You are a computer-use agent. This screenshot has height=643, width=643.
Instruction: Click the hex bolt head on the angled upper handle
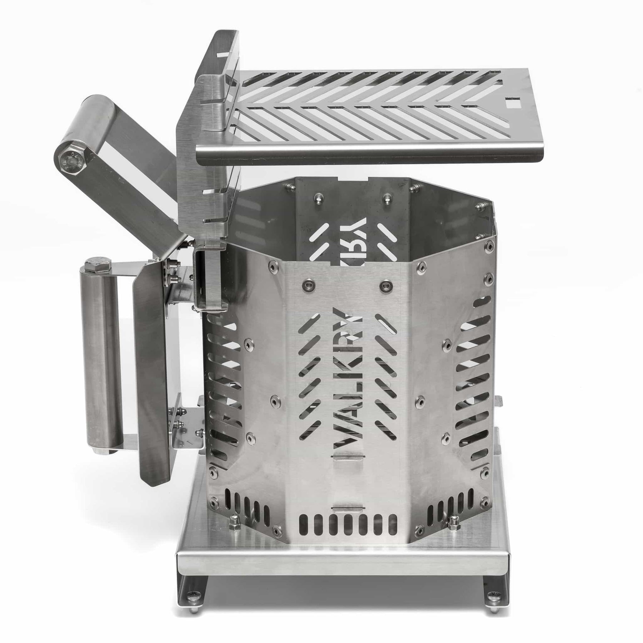point(70,158)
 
